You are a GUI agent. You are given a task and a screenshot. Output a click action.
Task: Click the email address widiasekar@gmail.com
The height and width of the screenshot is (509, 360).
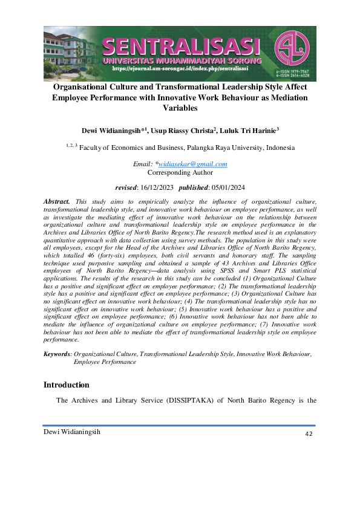click(x=193, y=164)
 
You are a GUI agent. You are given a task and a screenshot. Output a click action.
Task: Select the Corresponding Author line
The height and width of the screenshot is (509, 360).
click(x=180, y=172)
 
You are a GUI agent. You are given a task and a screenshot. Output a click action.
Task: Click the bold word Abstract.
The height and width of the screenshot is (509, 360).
click(x=57, y=200)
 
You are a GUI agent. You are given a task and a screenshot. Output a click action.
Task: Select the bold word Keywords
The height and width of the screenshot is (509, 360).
click(x=57, y=354)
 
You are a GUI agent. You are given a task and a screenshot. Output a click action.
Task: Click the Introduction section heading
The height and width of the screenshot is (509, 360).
click(x=67, y=385)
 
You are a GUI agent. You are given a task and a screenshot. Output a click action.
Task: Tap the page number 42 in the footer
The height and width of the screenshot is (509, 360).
click(x=309, y=434)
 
